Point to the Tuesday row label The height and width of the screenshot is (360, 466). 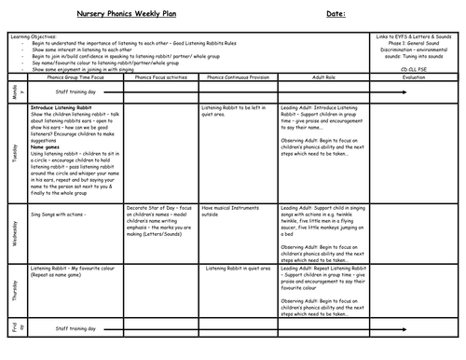click(15, 150)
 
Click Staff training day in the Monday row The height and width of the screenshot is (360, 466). click(75, 92)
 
